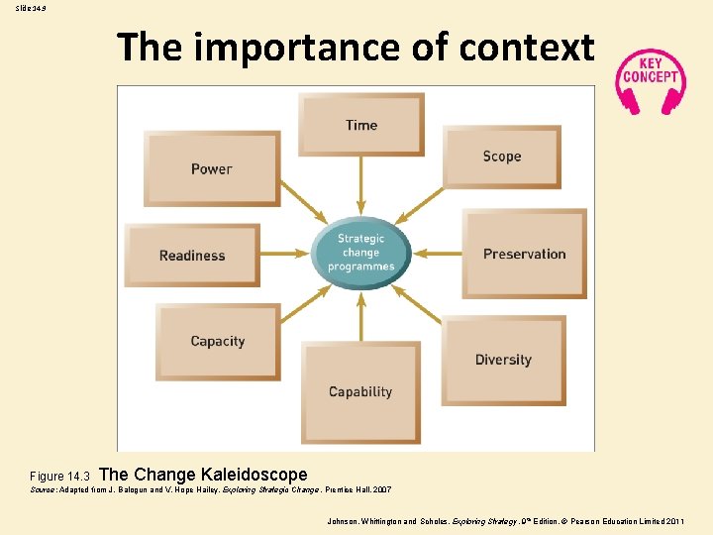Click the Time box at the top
tap(360, 124)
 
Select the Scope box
tap(501, 157)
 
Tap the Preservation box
tap(524, 254)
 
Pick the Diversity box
tap(503, 360)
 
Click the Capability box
tap(360, 392)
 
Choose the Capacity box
tap(218, 341)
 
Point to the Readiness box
tap(192, 256)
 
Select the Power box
tap(212, 168)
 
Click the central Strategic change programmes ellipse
tap(360, 253)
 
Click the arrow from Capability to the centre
tap(360, 316)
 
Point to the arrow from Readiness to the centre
tap(286, 254)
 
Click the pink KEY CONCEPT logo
tap(650, 76)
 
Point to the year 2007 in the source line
tap(381, 489)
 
